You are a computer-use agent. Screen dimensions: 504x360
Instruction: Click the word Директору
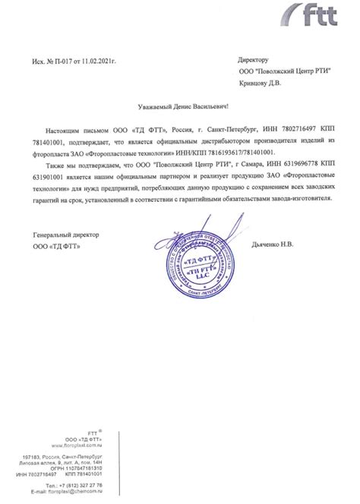(254, 58)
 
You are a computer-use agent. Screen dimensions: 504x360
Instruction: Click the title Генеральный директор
(66, 235)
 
